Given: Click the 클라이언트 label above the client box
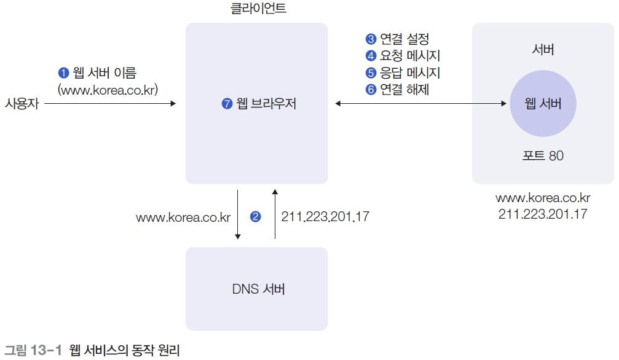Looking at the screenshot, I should click(256, 9).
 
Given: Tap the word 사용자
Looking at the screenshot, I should click(22, 104).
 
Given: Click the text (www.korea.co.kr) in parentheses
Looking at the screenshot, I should click(108, 90).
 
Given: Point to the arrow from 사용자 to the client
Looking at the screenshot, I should click(111, 104).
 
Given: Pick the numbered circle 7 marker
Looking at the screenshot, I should click(227, 104).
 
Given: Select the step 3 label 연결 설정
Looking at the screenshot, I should click(404, 39).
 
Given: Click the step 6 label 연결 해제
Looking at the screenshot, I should click(404, 90).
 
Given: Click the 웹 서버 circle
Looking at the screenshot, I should click(543, 104).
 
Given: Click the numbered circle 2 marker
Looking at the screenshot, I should click(256, 216).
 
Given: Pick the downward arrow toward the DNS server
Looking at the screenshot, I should click(238, 215).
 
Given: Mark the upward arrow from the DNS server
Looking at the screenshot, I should click(275, 215).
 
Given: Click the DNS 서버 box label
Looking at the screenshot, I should click(258, 289).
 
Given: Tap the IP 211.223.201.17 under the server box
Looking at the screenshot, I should click(543, 214).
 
